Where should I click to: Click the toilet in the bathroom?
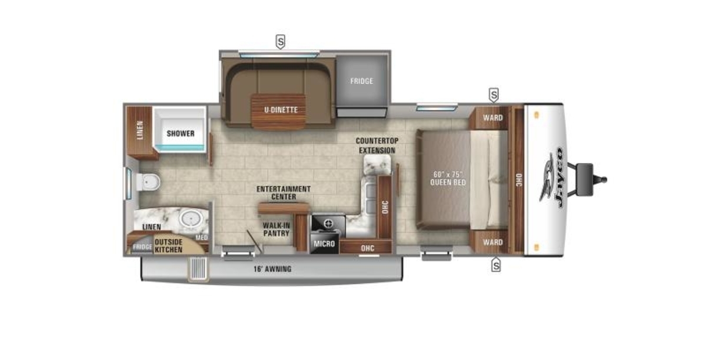click(148, 182)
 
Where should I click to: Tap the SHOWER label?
click(180, 134)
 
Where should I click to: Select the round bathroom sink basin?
click(191, 218)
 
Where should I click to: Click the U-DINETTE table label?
click(281, 110)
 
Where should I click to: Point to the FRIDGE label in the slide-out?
click(361, 81)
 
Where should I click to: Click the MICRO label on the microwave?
click(324, 244)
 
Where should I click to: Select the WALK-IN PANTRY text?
click(277, 229)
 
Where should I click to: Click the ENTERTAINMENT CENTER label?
click(284, 193)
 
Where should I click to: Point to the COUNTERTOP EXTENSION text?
click(377, 146)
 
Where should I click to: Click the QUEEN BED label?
click(448, 182)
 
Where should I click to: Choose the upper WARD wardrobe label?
click(493, 118)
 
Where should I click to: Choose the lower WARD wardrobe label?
click(493, 242)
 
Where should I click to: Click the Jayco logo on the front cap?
click(552, 178)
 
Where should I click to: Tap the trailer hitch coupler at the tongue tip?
click(602, 179)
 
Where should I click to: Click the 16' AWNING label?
click(272, 269)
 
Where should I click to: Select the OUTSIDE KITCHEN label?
click(168, 246)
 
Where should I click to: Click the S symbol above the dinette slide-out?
click(281, 42)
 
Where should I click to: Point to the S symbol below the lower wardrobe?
click(496, 265)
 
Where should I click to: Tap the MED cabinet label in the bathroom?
click(202, 238)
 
